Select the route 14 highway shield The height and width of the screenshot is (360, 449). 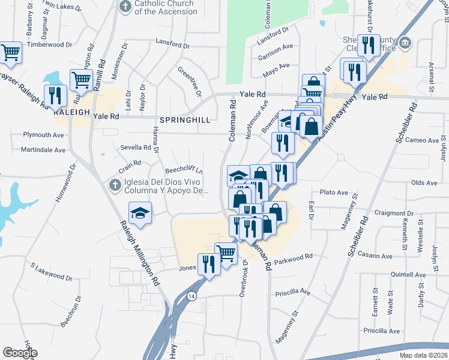coord(191,296)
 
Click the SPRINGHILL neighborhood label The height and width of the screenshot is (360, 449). coord(185,120)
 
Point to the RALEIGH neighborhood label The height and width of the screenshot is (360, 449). coord(71,112)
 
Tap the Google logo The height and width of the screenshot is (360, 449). coord(20,353)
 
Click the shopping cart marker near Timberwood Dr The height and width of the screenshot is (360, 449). coord(10,53)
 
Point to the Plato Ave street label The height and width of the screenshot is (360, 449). coord(334,193)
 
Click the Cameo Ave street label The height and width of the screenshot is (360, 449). coord(423,140)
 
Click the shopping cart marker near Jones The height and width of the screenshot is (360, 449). coord(226,253)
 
